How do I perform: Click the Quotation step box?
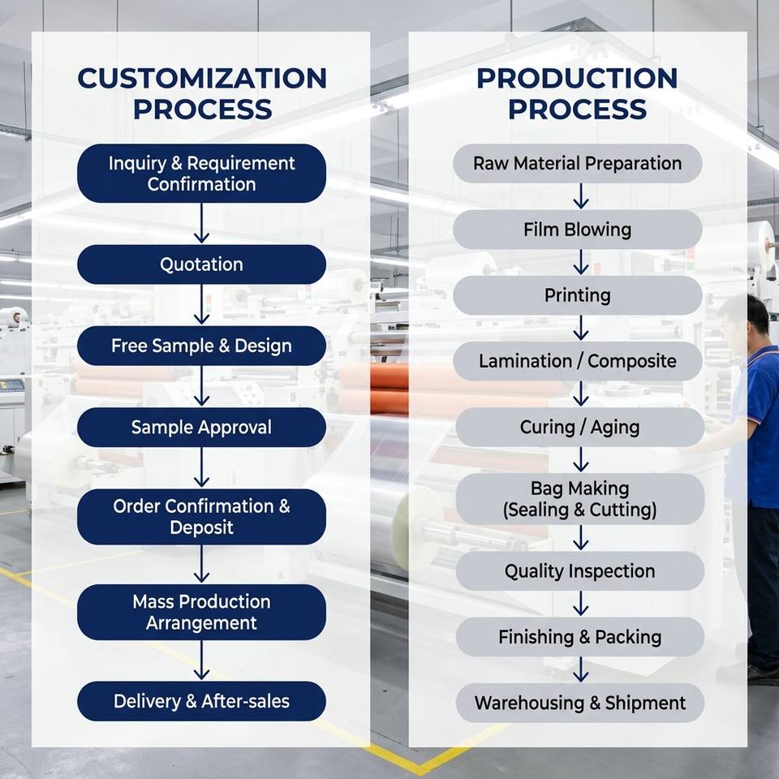201,265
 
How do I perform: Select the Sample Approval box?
201,428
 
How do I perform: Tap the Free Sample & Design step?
201,346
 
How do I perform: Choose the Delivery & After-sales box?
201,701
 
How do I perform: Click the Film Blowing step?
577,230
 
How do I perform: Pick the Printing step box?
577,295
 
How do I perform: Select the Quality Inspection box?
579,570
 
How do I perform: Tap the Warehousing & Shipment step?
579,703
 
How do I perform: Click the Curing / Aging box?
579,427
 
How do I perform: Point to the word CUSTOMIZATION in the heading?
202,79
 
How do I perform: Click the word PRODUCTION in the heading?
577,79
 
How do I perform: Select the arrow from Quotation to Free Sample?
201,304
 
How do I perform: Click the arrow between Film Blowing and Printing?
581,262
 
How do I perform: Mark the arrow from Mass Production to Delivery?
201,660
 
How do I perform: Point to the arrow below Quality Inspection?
581,604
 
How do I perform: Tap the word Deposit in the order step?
201,527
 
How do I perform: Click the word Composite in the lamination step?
632,362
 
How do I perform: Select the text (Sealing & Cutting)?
579,510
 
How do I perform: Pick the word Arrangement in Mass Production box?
201,623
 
